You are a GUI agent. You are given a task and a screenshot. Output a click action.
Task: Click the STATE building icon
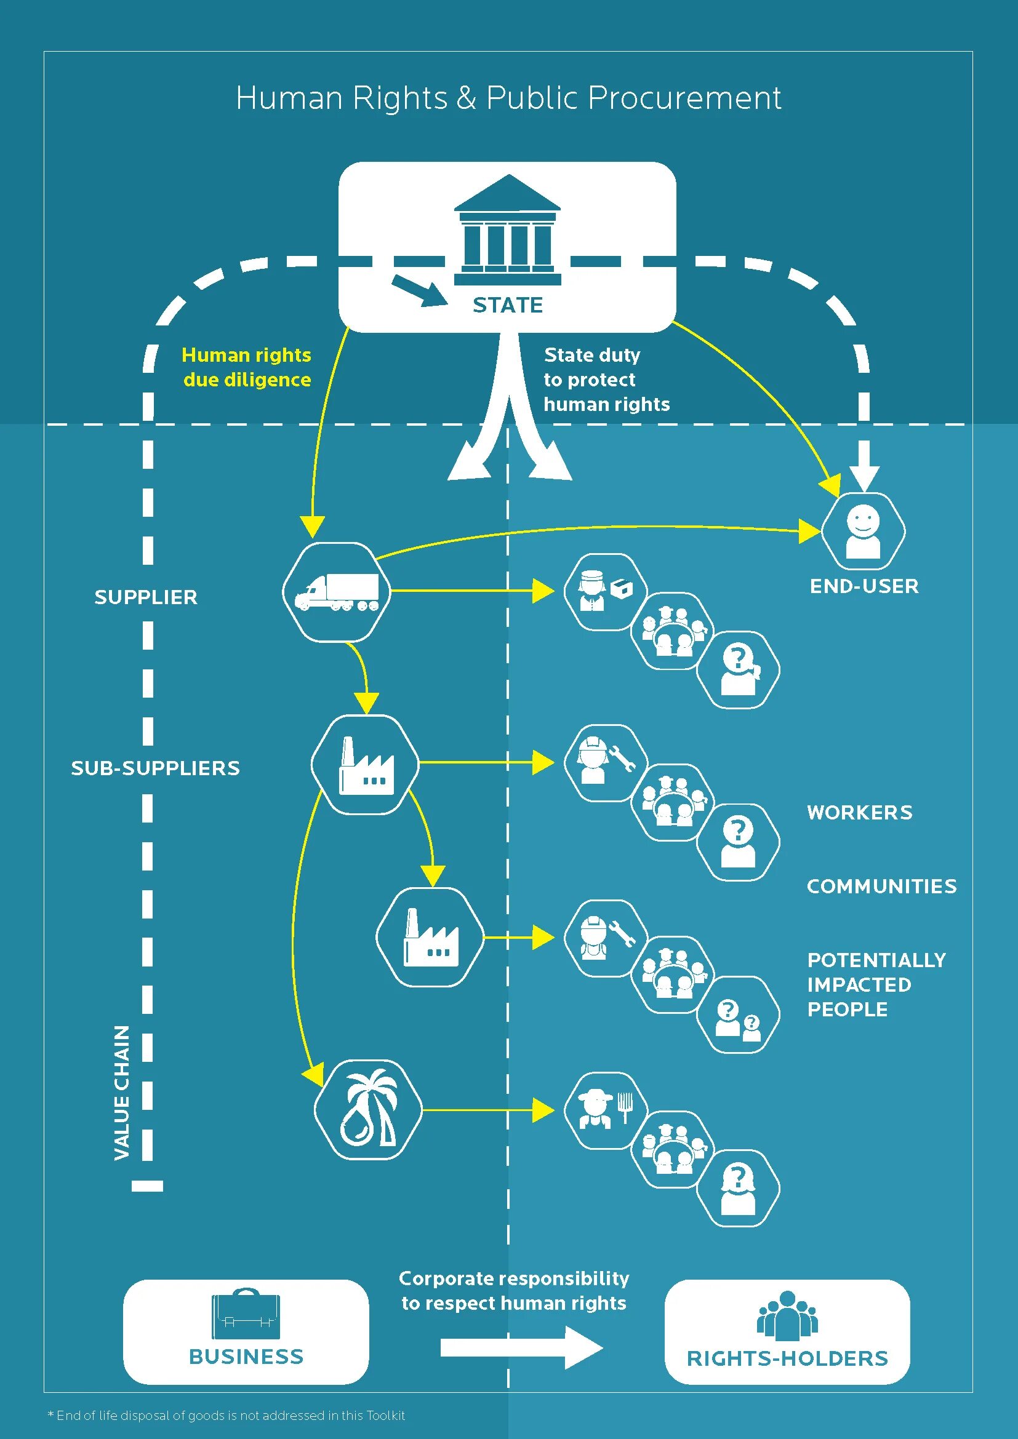coord(507,230)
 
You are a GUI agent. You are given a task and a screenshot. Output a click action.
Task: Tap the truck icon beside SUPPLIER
coord(337,592)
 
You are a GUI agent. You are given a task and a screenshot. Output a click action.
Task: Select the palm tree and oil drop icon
coord(368,1110)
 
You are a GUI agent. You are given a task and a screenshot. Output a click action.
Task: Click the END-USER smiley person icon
coord(863,531)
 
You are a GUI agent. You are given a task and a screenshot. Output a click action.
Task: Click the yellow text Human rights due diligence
coord(246,367)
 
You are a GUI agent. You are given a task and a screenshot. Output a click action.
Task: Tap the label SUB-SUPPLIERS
coord(156,768)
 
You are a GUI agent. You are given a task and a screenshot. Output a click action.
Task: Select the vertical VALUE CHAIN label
coord(122,1093)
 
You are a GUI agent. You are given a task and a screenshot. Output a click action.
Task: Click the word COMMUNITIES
coord(881,886)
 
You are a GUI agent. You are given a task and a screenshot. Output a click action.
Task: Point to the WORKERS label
coord(859,812)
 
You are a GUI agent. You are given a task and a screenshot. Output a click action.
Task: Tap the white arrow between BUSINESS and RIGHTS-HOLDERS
coord(521,1347)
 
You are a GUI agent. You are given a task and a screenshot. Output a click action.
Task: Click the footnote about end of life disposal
coord(226,1415)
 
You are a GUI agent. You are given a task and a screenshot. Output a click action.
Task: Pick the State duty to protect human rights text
coord(606,379)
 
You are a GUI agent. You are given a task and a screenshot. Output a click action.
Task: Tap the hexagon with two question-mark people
coord(739,1014)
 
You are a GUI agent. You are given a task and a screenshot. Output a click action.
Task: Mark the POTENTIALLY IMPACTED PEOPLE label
coord(876,984)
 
